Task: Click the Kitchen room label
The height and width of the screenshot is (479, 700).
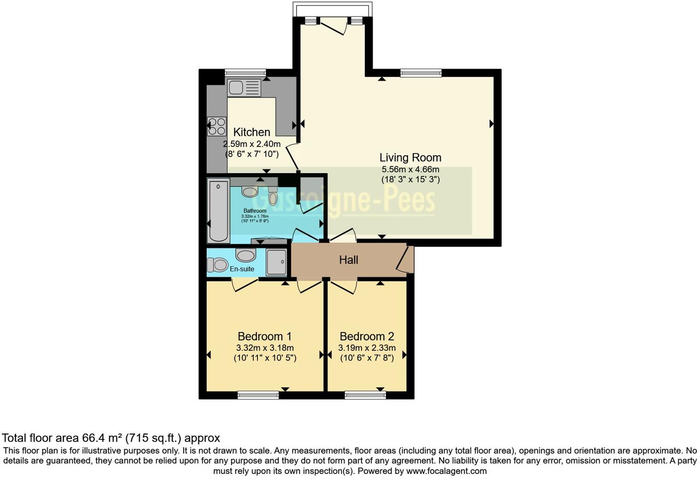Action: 251,132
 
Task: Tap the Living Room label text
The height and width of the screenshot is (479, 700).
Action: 410,158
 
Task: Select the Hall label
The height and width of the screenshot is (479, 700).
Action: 349,260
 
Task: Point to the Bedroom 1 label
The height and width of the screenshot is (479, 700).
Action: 264,336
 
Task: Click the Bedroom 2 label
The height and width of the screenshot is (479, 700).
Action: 367,336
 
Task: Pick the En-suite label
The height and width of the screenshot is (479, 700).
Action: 242,269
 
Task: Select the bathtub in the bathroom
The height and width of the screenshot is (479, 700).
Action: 218,211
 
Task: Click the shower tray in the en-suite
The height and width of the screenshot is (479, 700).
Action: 276,262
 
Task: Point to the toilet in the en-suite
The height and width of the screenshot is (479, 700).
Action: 217,265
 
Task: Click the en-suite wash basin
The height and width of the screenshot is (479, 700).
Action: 245,254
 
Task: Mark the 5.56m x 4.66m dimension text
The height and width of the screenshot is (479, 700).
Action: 410,169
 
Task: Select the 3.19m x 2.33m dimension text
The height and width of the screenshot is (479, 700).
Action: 367,348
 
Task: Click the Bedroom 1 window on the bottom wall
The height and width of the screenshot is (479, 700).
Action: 258,395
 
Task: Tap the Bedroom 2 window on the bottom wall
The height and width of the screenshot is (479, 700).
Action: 365,395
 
